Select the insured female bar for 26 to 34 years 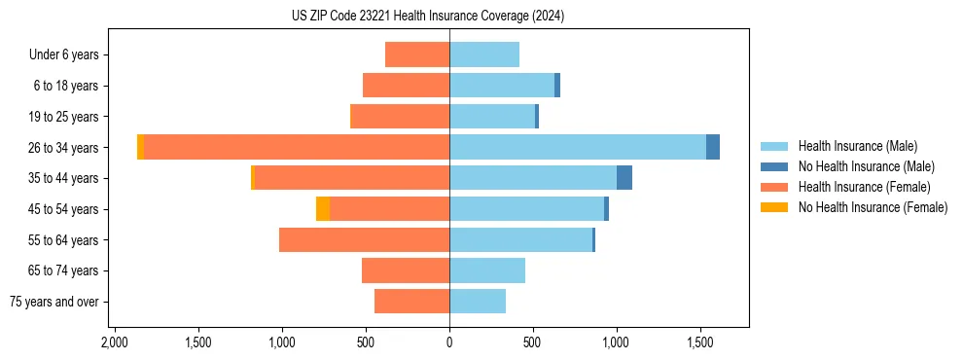pos(296,147)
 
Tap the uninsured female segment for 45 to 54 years pos(323,209)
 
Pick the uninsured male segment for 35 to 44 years pos(624,178)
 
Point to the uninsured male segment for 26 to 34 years pos(713,147)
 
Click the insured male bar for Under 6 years pos(484,54)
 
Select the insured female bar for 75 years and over pos(411,302)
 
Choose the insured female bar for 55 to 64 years pos(364,239)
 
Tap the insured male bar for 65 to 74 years pos(487,270)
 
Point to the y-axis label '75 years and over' pos(54,302)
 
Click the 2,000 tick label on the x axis pos(115,343)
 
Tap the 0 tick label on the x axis pos(449,343)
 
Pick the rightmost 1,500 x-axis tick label pos(700,343)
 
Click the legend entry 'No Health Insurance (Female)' pos(873,207)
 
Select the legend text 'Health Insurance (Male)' pos(857,146)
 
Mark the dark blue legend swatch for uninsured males pos(775,166)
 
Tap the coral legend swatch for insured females pos(775,187)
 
